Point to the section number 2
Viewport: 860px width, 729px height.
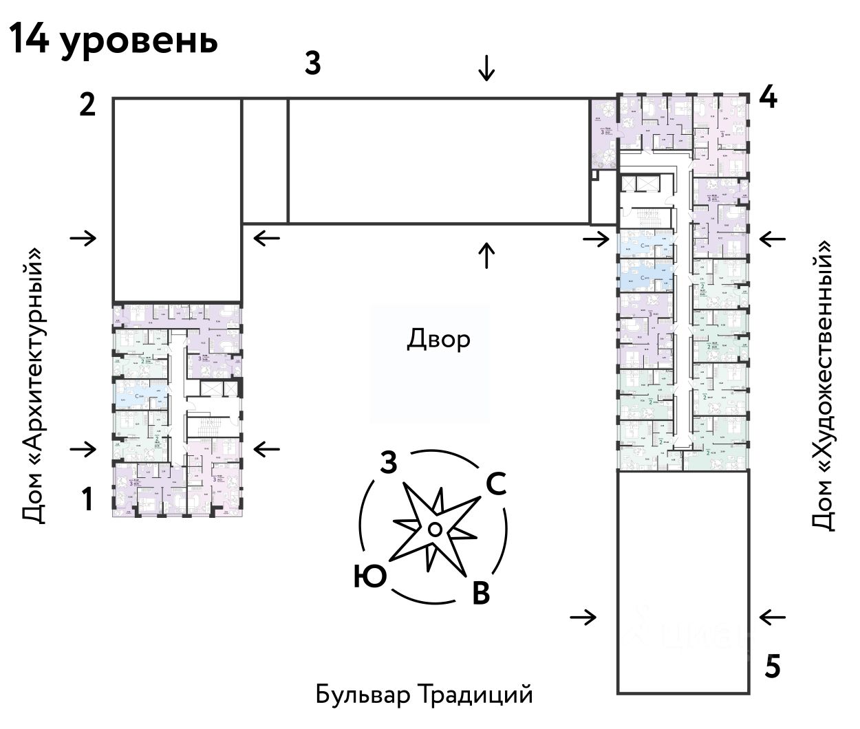tap(87, 106)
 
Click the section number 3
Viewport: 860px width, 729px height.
tap(313, 64)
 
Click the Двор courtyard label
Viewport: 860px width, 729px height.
tap(439, 338)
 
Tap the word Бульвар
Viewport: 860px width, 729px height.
tap(363, 695)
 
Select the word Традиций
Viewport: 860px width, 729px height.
tap(475, 695)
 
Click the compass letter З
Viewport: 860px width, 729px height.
tap(388, 464)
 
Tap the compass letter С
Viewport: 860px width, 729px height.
tap(496, 484)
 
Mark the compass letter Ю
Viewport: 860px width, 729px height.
tap(370, 576)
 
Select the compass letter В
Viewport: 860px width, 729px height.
tap(480, 592)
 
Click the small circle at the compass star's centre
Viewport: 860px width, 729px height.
tap(434, 528)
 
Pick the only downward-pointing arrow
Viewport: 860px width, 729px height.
tap(486, 68)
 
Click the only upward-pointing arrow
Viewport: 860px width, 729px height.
tap(486, 254)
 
